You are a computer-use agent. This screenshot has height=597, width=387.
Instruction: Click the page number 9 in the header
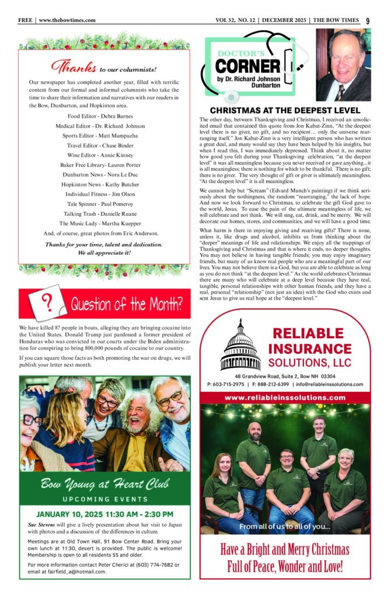368,20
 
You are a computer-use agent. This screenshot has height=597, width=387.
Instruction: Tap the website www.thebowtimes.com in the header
67,20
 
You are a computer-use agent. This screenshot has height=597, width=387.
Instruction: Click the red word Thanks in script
72,67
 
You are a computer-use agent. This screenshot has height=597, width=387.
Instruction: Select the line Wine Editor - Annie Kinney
104,139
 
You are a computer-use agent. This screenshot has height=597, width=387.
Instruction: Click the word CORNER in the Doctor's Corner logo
249,65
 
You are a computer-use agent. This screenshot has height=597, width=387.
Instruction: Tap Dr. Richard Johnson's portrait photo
343,65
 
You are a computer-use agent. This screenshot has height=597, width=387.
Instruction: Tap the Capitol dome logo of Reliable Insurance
240,345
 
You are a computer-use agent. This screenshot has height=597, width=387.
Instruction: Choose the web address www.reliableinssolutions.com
284,398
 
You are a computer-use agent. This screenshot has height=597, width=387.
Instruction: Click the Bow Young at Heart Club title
104,483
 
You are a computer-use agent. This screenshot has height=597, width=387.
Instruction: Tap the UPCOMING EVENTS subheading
104,499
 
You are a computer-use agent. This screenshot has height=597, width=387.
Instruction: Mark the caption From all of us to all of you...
284,526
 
